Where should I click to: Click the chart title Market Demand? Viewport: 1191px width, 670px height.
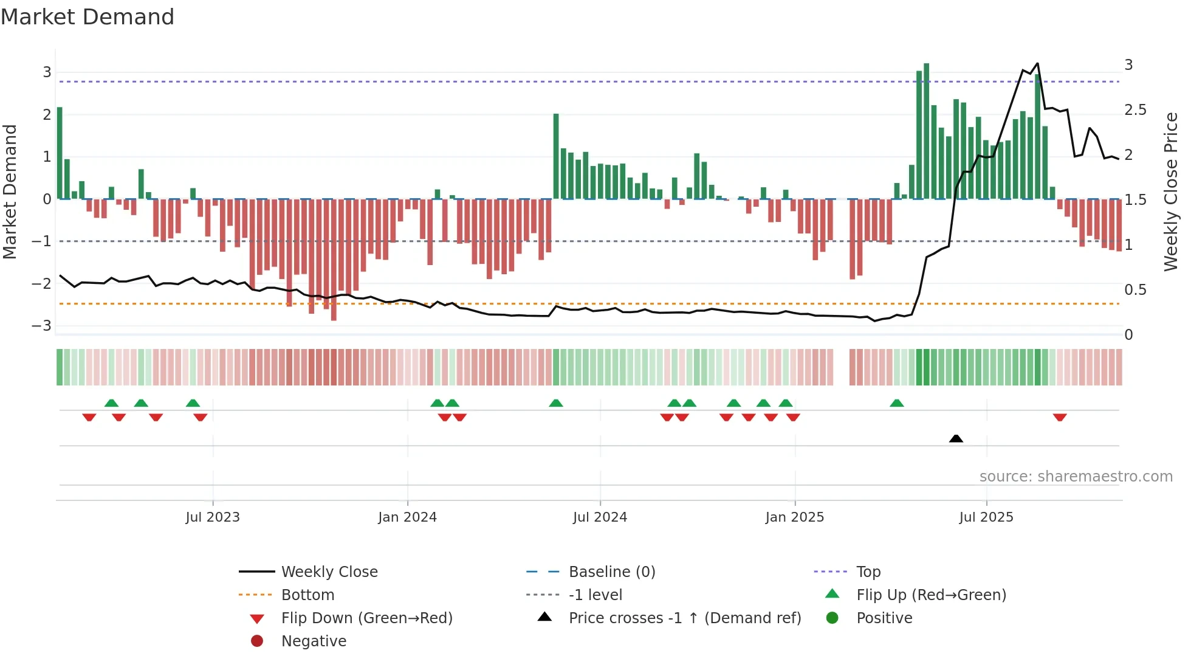pyautogui.click(x=88, y=17)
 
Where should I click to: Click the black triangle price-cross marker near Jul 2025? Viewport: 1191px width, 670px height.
pyautogui.click(x=956, y=438)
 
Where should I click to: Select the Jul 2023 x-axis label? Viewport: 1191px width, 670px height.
pyautogui.click(x=213, y=517)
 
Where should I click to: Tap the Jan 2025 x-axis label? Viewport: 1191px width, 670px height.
pyautogui.click(x=794, y=517)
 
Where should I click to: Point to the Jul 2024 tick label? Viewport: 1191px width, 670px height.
pyautogui.click(x=600, y=517)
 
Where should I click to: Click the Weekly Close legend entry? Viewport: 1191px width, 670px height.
pyautogui.click(x=329, y=572)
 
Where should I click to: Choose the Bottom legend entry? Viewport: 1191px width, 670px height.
pyautogui.click(x=307, y=595)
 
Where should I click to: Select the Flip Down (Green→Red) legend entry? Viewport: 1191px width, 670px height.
pyautogui.click(x=366, y=618)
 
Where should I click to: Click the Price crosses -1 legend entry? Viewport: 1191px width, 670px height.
pyautogui.click(x=684, y=618)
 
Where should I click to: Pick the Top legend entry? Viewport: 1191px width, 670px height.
pyautogui.click(x=868, y=572)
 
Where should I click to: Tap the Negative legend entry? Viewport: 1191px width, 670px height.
pyautogui.click(x=314, y=641)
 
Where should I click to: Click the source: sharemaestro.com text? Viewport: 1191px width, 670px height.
pyautogui.click(x=1076, y=477)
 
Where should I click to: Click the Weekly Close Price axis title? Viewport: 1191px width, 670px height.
pyautogui.click(x=1170, y=192)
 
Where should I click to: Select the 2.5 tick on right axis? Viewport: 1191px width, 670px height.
pyautogui.click(x=1135, y=110)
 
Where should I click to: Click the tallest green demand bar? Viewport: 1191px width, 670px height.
pyautogui.click(x=926, y=131)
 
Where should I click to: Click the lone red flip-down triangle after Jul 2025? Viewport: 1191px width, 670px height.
pyautogui.click(x=1060, y=418)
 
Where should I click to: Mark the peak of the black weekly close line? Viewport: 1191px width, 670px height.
pyautogui.click(x=1037, y=63)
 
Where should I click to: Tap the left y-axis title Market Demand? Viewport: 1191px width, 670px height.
pyautogui.click(x=10, y=192)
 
